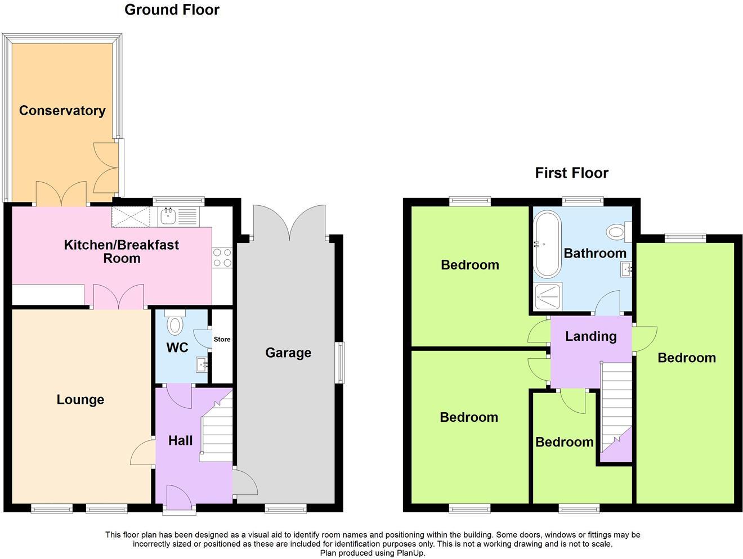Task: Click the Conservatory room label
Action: click(x=62, y=110)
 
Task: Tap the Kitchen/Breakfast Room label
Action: click(x=121, y=251)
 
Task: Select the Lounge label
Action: click(x=80, y=400)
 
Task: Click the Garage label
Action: click(x=288, y=353)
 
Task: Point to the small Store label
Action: click(x=222, y=339)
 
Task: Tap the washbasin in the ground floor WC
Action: click(x=202, y=365)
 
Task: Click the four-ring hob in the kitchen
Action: click(x=222, y=258)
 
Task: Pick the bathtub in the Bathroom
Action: click(x=547, y=244)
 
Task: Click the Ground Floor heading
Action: click(x=172, y=10)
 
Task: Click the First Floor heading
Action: click(x=571, y=173)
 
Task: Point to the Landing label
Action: click(x=590, y=336)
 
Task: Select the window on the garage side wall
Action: click(x=339, y=363)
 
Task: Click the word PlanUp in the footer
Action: click(x=411, y=553)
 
